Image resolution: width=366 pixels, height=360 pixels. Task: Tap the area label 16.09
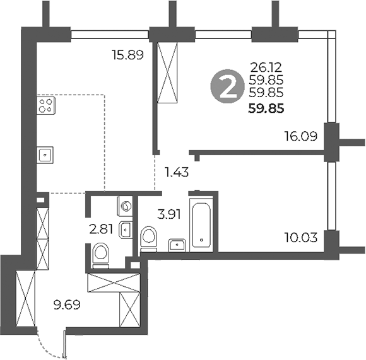pos(300,134)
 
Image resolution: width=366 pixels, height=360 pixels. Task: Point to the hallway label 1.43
pos(177,171)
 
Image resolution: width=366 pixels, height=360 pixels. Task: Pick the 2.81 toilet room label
pos(101,229)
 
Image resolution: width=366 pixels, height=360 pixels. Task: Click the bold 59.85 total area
pos(267,108)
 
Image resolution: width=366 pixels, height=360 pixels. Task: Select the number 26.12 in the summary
pos(267,66)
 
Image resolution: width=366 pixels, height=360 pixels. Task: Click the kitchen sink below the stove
pos(45,153)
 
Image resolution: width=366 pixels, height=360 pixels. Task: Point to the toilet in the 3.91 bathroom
pos(150,238)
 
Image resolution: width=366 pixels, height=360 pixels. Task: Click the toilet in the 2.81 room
pos(100,254)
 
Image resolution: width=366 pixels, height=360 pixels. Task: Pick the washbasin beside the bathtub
pos(177,243)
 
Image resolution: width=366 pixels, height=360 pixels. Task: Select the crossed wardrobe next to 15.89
pos(168,73)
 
